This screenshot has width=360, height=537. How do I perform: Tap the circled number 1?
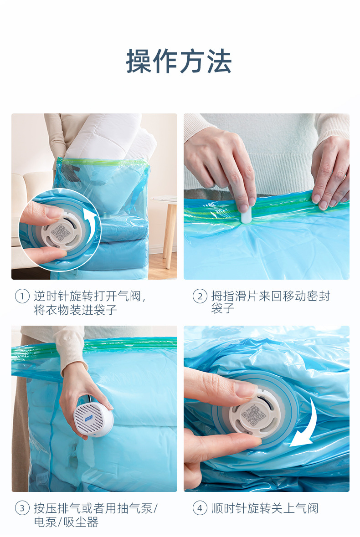[22, 297]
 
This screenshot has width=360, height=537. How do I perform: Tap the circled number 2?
[200, 297]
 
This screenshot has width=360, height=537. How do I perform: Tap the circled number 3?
[22, 508]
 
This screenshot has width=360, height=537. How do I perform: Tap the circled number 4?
[200, 508]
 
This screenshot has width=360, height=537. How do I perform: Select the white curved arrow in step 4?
[304, 424]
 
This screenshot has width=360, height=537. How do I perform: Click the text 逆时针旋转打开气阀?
[89, 297]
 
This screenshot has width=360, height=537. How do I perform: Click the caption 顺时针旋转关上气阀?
[265, 508]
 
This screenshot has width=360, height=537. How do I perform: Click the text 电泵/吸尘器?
[66, 522]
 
